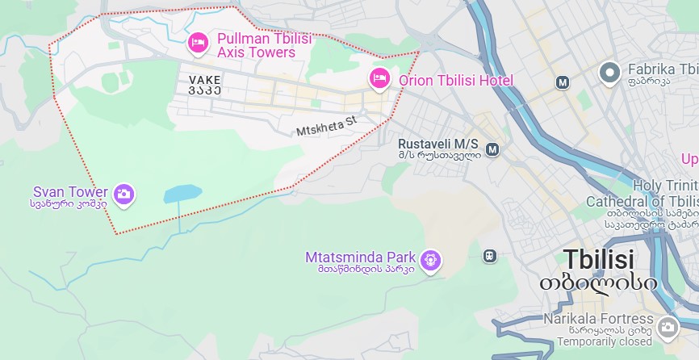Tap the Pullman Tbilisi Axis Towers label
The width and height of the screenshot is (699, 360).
(256, 45)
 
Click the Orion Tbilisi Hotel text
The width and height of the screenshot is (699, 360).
(456, 81)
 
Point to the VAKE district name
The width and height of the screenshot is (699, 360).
(204, 80)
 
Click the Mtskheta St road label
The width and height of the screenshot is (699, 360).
(326, 126)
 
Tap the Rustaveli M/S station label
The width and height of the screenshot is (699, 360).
(438, 144)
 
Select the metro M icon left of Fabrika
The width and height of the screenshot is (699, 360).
(563, 82)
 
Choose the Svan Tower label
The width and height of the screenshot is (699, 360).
(70, 192)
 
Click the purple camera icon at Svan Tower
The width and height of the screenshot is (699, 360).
(123, 194)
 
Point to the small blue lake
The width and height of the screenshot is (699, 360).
(182, 194)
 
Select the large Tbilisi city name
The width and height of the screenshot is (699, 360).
(598, 260)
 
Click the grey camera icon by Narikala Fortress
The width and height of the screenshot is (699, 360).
(668, 327)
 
